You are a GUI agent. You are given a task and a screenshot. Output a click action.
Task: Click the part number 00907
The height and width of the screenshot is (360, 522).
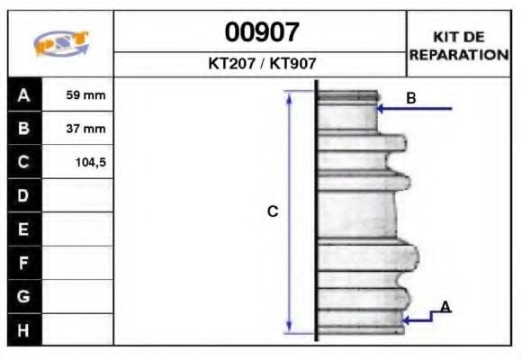point(261,33)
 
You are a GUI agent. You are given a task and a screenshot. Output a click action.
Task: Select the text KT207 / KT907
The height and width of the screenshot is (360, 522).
point(261,64)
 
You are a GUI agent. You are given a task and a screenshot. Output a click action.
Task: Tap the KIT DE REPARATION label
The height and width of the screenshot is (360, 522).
point(459,45)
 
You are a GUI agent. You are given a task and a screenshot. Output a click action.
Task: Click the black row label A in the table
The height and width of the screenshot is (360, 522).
point(24,94)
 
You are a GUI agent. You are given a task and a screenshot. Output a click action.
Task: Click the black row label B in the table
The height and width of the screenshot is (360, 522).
point(24,129)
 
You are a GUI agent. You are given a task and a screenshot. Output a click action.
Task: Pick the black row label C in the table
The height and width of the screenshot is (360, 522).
point(24,162)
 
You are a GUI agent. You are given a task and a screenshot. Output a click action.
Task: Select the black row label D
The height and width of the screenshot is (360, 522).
point(24,195)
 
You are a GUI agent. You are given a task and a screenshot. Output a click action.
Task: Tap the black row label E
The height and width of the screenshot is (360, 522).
point(24,229)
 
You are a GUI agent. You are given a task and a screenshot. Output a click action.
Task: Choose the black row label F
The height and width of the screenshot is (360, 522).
point(24,263)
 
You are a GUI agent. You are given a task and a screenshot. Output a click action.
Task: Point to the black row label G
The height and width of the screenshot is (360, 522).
point(24,296)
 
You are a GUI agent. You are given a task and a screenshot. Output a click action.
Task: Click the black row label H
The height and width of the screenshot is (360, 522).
point(24,329)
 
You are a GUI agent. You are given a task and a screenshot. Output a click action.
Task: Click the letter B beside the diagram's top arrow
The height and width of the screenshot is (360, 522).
point(411,98)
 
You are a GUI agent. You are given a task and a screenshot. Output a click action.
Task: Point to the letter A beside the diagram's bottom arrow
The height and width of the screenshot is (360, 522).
point(445,308)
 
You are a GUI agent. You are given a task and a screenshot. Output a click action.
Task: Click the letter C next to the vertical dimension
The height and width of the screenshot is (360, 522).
point(273,211)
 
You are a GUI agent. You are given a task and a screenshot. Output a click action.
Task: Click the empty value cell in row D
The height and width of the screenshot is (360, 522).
point(78,195)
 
